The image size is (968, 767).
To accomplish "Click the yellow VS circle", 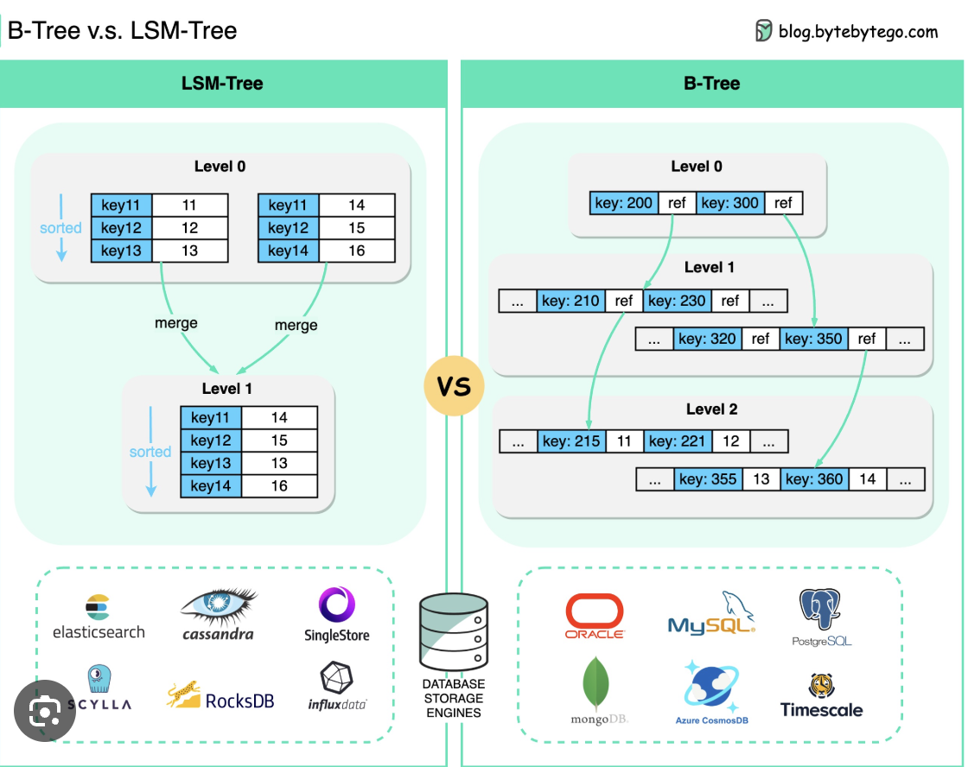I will point(454,386).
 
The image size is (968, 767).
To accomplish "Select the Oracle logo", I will point(595,616).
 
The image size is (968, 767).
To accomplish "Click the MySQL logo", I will point(711,614).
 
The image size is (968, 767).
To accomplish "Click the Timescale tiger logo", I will point(821,696).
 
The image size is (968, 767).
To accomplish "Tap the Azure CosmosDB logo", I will point(711,691).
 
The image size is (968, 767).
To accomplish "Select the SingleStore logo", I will point(336,614).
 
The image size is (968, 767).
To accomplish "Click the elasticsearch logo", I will point(99,617).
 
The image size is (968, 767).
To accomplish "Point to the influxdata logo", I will point(336,687).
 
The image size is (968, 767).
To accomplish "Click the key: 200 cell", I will point(624,204).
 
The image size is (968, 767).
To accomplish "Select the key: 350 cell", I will point(813,339).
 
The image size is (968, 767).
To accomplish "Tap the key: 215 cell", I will point(571,441).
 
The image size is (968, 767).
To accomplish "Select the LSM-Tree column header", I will point(222,84).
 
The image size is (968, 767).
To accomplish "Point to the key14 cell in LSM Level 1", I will point(211,486).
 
